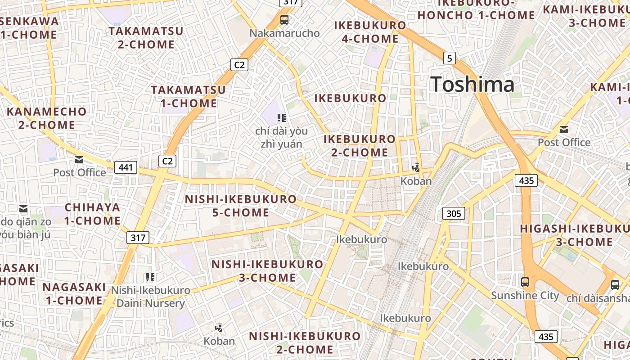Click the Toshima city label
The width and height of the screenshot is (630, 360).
point(472,85)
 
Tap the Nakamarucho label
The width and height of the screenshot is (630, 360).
point(284,33)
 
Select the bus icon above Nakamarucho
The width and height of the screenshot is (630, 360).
point(284,20)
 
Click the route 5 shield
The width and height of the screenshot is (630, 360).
point(450,58)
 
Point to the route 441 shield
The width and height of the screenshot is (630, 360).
point(126,168)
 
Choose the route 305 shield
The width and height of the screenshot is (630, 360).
point(453,213)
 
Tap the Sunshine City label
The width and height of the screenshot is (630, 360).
point(525,296)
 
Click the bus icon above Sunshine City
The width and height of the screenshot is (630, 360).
point(525,283)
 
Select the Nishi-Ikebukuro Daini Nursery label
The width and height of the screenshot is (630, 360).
point(150,297)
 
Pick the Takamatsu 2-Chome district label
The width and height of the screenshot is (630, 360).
point(146,38)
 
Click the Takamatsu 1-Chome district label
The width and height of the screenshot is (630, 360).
point(189,96)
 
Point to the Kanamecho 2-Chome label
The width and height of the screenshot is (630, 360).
point(47,118)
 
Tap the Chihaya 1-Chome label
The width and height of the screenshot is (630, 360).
point(92,214)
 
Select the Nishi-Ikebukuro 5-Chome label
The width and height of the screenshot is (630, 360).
point(241,206)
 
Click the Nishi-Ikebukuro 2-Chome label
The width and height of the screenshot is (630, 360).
point(305,342)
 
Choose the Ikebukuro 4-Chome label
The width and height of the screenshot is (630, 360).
point(370,32)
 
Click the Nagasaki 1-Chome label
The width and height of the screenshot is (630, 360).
point(74,293)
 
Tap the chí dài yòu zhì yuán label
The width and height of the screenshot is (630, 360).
point(281,137)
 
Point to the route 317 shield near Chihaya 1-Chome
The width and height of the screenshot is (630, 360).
point(138,238)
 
